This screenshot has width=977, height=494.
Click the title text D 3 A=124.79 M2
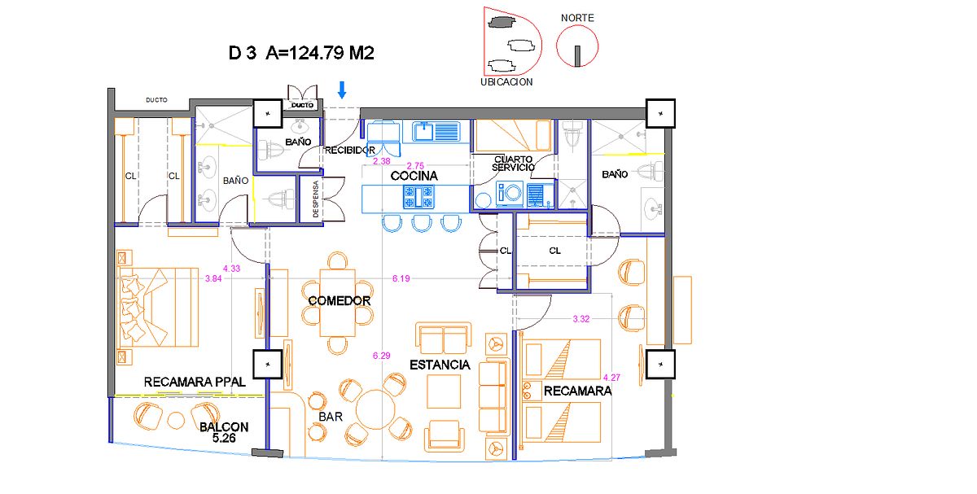pyautogui.click(x=301, y=54)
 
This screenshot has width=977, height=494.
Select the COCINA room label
pyautogui.click(x=414, y=176)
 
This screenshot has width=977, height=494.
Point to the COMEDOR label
pyautogui.click(x=340, y=301)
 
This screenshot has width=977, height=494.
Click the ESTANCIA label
pyautogui.click(x=440, y=365)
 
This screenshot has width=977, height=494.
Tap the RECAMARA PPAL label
pyautogui.click(x=195, y=381)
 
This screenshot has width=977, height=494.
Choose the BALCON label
pyautogui.click(x=224, y=426)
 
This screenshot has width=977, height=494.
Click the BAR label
pyautogui.click(x=330, y=416)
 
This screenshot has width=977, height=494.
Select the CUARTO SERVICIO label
pyautogui.click(x=514, y=163)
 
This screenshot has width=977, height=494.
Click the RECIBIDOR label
pyautogui.click(x=350, y=151)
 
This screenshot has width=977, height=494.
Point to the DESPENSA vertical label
pyautogui.click(x=317, y=199)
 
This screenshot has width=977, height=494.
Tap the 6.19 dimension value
pyautogui.click(x=401, y=279)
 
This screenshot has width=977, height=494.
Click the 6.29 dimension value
pyautogui.click(x=382, y=356)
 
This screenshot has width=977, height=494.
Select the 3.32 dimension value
pyautogui.click(x=581, y=319)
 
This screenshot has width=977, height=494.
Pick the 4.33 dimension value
pyautogui.click(x=232, y=268)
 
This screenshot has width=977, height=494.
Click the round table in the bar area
pyautogui.click(x=375, y=408)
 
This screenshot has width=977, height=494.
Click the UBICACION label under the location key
pyautogui.click(x=506, y=82)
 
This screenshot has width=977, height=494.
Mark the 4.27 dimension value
pyautogui.click(x=611, y=378)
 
